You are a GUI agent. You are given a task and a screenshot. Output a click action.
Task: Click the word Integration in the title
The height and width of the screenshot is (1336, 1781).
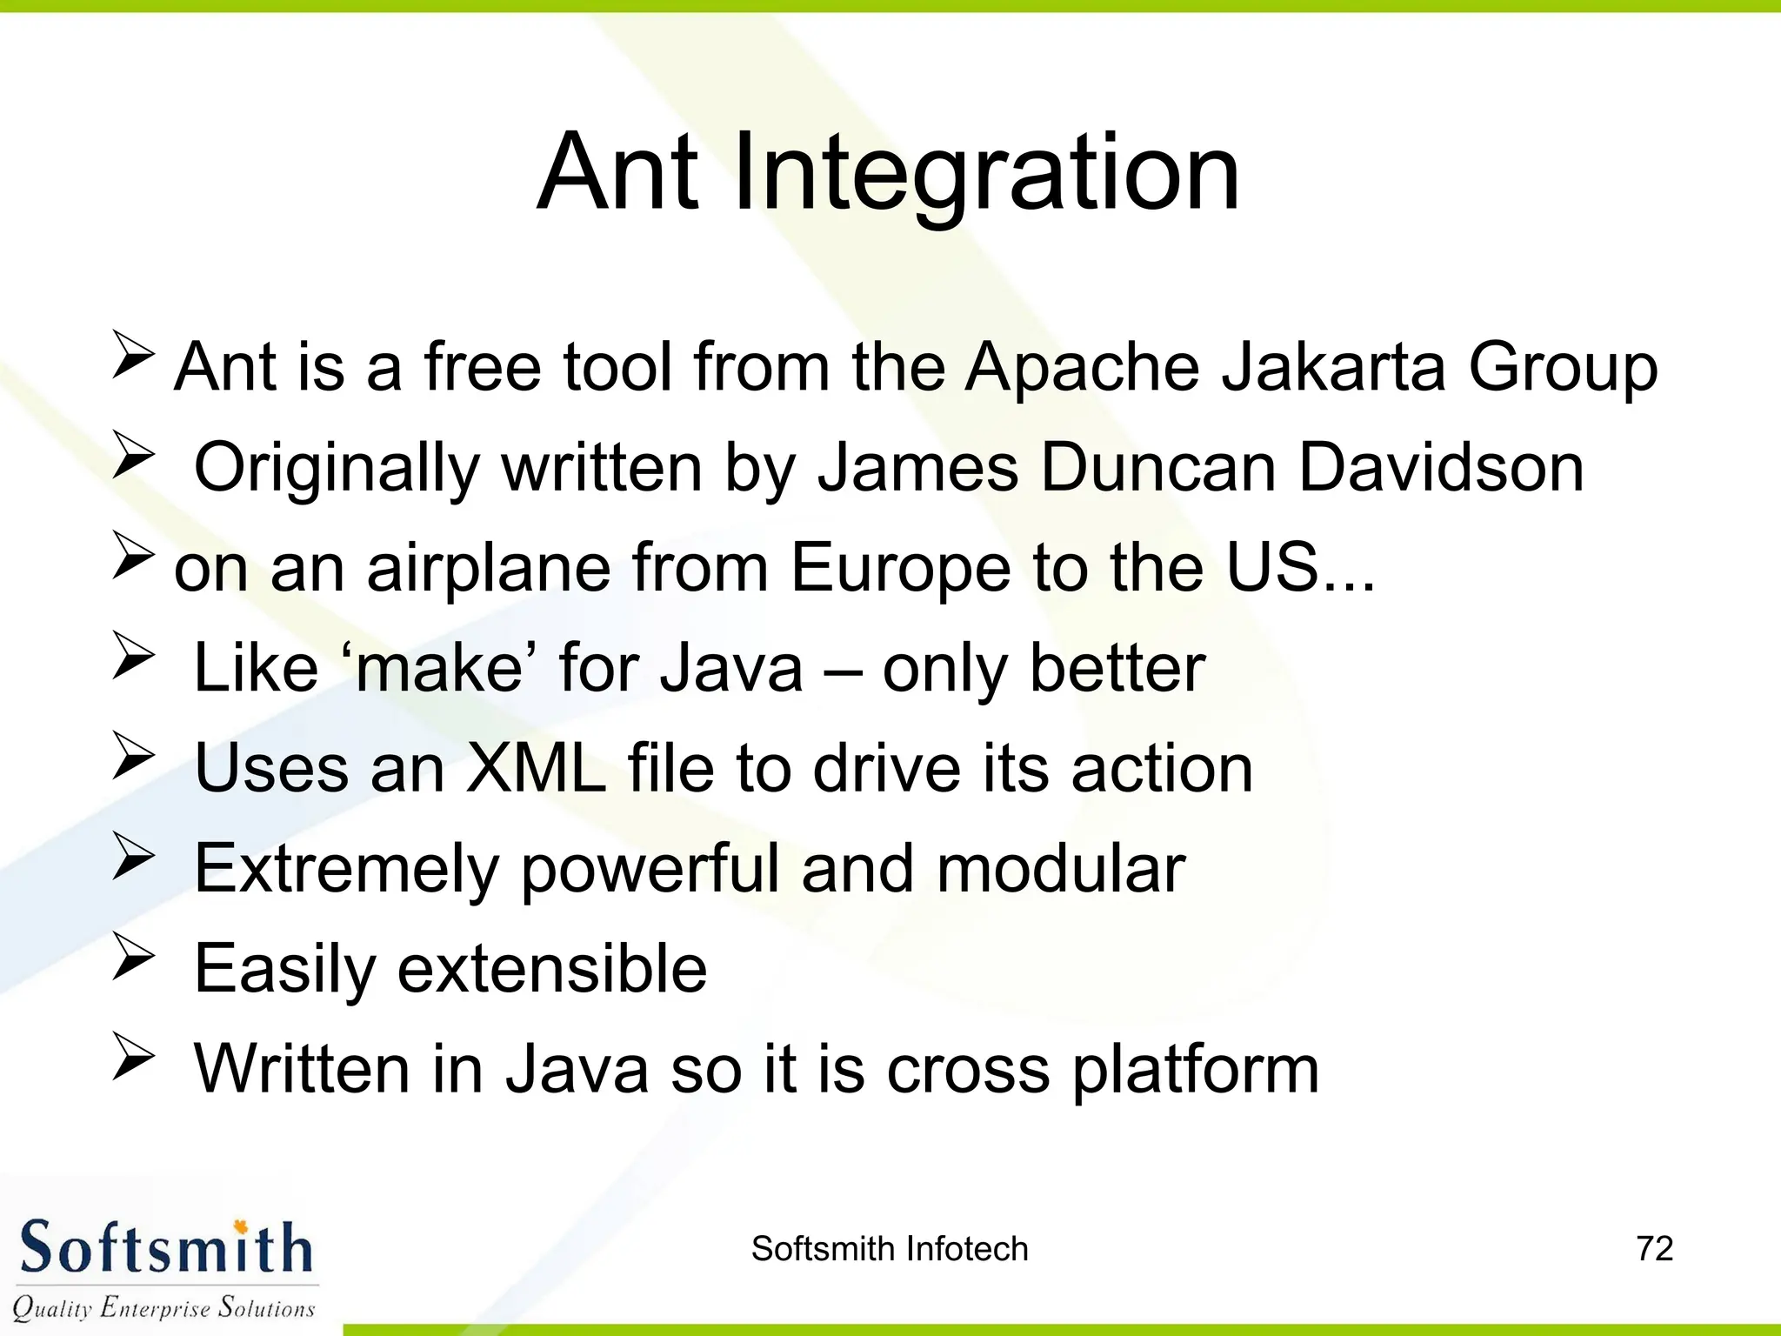tap(986, 174)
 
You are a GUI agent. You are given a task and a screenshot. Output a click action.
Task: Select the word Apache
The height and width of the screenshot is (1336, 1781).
tap(1083, 367)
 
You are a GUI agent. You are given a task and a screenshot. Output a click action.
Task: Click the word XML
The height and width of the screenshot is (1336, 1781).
tap(537, 768)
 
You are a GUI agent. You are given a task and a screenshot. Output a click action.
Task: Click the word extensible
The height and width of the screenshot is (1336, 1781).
tap(552, 969)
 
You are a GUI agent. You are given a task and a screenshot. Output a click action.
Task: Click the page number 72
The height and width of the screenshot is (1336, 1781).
tap(1654, 1249)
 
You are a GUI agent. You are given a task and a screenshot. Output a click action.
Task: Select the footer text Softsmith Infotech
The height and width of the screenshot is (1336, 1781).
tap(890, 1249)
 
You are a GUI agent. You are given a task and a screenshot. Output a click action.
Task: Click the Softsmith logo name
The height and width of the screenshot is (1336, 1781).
tap(165, 1249)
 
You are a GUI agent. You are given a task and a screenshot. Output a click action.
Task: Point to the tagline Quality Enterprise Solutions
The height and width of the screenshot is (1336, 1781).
tap(163, 1307)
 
